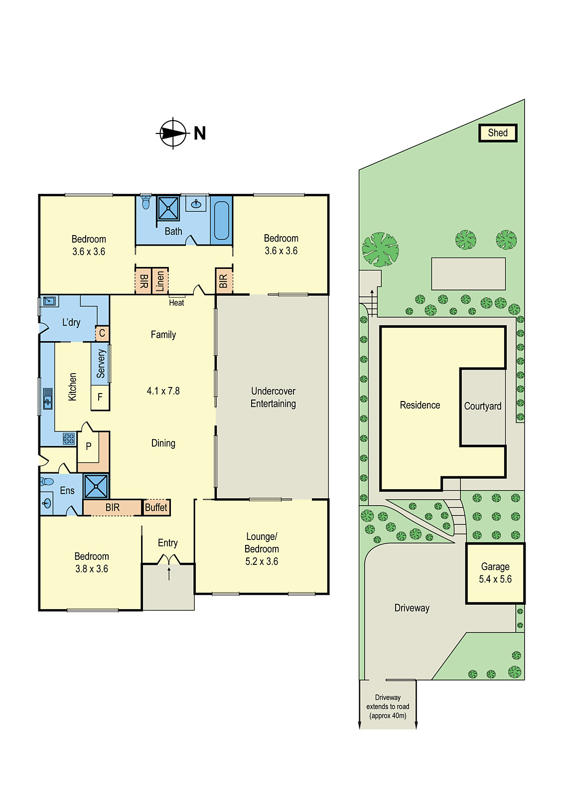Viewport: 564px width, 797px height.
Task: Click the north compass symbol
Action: (173, 133)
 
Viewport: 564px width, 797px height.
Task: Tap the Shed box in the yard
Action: (497, 133)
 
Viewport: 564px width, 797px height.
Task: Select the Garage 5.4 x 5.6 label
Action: (495, 572)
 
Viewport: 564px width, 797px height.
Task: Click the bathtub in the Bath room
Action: (221, 221)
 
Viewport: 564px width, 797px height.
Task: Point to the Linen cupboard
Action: (160, 281)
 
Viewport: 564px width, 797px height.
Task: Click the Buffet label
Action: (156, 507)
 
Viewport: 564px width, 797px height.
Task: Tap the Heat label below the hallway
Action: (176, 302)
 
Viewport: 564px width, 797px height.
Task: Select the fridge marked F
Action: (100, 397)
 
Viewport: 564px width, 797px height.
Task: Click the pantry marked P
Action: (89, 446)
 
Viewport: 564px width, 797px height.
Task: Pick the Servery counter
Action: (100, 364)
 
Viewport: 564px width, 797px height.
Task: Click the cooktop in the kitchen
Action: (69, 438)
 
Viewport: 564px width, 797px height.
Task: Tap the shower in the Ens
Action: (96, 486)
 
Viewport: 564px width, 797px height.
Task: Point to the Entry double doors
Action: (169, 559)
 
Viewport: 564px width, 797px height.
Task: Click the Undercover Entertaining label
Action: (274, 397)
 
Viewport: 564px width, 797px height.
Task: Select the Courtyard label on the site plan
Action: (482, 406)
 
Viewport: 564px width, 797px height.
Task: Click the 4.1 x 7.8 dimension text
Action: (163, 391)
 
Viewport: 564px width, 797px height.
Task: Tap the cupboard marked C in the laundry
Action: (102, 333)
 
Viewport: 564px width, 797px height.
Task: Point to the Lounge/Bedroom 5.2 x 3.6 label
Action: (262, 548)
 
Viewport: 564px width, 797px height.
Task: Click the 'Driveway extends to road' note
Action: (388, 707)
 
